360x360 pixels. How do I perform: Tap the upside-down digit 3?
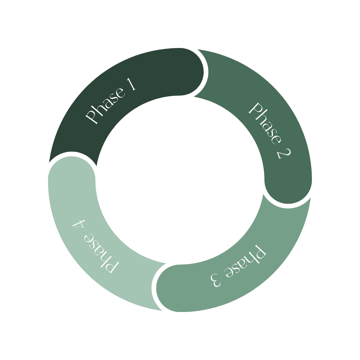click(x=216, y=280)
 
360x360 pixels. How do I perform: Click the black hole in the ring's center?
click(x=180, y=180)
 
